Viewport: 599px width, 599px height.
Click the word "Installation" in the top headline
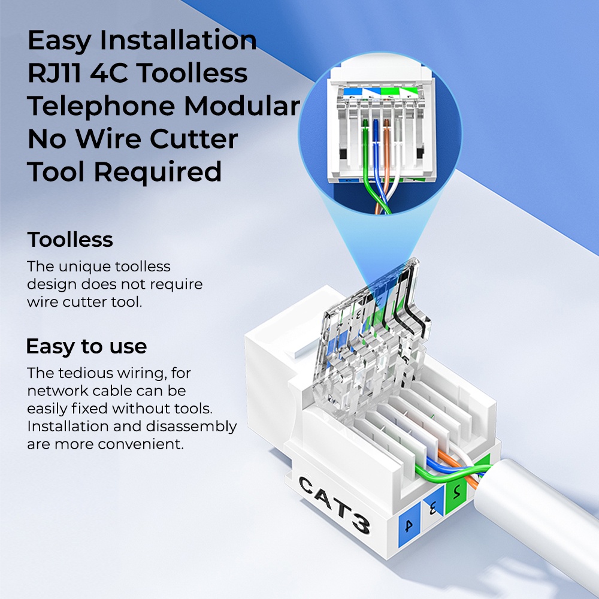(178, 40)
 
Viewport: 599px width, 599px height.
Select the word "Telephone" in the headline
(101, 106)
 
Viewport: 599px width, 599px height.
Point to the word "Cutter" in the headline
(193, 139)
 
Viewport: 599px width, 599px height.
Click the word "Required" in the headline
(158, 173)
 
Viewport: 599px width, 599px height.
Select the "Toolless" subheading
(70, 240)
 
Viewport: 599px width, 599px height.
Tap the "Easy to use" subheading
(86, 346)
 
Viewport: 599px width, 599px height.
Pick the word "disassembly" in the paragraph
(192, 426)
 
